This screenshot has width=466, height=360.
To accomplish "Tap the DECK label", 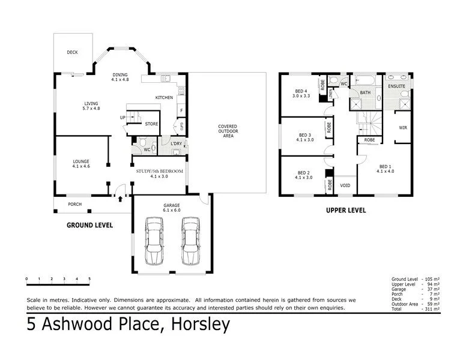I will [x=72, y=52].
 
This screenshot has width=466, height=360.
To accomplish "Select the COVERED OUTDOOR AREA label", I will [x=227, y=131].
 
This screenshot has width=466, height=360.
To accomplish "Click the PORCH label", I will [x=74, y=204].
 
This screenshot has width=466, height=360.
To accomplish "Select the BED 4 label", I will [x=300, y=91].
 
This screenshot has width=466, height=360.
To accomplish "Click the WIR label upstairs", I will [x=403, y=128].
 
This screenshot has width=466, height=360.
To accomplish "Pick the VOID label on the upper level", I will [x=345, y=185].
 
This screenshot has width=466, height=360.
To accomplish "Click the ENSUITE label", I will [x=398, y=86].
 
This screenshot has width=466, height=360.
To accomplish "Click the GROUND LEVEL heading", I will [x=89, y=225].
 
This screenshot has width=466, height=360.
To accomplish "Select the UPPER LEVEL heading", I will [x=345, y=211].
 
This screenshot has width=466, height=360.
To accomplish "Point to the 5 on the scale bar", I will [x=89, y=279].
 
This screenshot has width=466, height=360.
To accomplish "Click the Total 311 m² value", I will [x=431, y=309].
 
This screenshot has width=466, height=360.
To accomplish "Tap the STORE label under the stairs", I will [x=151, y=124].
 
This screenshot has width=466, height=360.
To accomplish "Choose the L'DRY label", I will [x=176, y=144].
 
